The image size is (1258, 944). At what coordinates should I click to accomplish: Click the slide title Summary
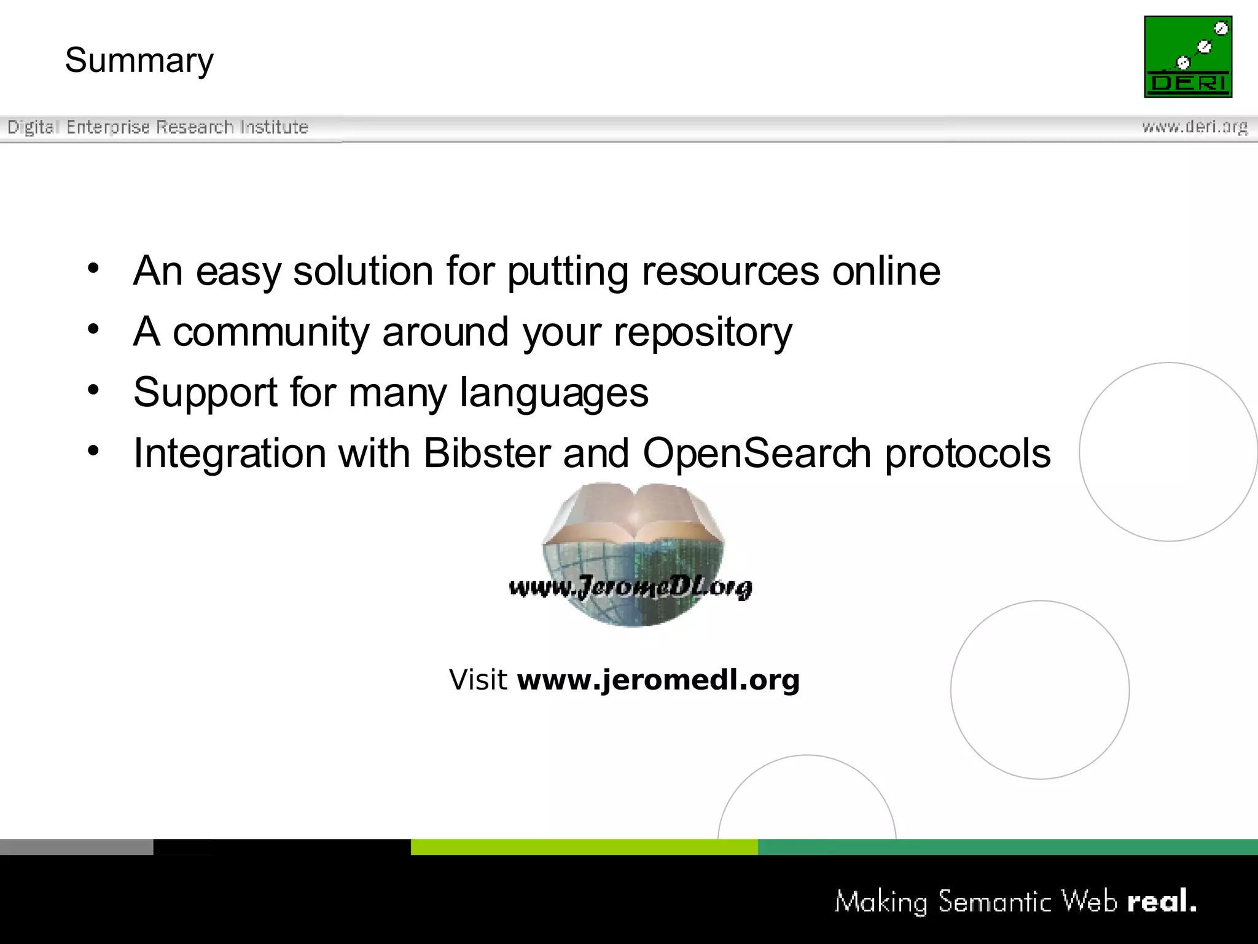pos(139,61)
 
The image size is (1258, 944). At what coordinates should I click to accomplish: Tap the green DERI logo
pos(1187,57)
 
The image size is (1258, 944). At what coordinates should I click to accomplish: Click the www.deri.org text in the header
pos(1194,127)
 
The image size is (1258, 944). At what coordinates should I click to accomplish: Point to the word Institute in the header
pos(274,127)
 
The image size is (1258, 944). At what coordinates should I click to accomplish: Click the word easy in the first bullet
pos(238,272)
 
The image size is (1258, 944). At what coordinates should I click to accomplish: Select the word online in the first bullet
pos(886,271)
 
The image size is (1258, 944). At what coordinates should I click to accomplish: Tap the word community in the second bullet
pos(271,332)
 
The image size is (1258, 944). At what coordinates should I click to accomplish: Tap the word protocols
pos(967,454)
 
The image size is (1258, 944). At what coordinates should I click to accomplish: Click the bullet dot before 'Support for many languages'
pos(93,390)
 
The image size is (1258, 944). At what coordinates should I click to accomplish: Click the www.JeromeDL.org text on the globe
pos(630,588)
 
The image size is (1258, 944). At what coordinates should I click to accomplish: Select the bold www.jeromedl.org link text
pos(658,680)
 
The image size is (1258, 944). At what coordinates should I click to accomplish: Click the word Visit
pos(478,680)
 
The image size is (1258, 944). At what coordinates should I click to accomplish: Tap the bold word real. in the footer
pos(1162,902)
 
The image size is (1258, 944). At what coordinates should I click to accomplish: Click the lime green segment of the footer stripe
pos(584,847)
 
